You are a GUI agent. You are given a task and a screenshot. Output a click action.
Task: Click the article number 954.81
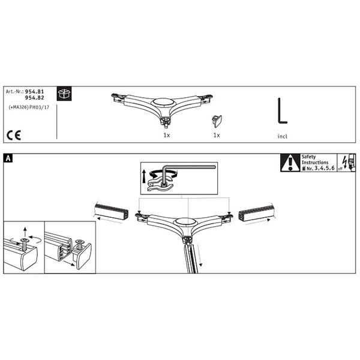pos(34,92)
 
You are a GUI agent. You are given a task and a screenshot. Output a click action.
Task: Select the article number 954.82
pos(34,98)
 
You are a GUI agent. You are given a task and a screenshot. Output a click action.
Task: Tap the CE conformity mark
pos(14,135)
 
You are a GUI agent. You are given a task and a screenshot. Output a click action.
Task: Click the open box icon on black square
pos(64,94)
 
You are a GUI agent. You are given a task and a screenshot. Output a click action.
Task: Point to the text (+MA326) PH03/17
pos(29,107)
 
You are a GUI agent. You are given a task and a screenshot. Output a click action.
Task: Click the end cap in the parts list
pos(217,121)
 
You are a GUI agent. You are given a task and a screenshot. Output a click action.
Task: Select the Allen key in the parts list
pos(282,110)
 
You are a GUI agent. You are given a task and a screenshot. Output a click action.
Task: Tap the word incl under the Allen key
pos(282,136)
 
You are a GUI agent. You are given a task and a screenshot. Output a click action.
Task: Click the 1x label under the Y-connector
pos(167,135)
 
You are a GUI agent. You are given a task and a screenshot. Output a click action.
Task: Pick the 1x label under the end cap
pos(217,135)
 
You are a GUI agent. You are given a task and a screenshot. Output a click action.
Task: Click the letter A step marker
pos(8,158)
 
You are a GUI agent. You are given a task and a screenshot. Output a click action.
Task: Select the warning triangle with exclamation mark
pos(290,163)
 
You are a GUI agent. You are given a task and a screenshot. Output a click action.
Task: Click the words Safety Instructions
pos(315,160)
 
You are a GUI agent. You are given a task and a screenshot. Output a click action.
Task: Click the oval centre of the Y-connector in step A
pos(185,222)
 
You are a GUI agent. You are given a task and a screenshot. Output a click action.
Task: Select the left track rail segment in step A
pos(112,211)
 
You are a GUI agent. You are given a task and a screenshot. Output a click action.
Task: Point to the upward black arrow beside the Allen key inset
pos(144,176)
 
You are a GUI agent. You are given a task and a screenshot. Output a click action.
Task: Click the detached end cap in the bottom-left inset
pos(82,256)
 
